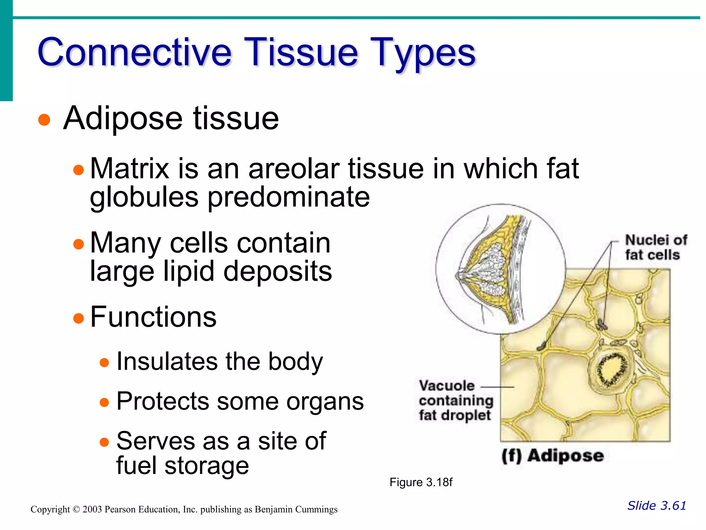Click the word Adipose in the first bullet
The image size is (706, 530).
pos(123,118)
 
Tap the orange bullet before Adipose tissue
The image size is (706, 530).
pos(44,120)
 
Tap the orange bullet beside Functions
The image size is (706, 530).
pos(79,318)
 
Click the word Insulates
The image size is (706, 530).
pos(167,362)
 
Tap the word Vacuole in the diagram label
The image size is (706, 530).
pos(446,386)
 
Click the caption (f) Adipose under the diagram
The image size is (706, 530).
pos(552,456)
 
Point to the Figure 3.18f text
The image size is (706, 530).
pos(421,482)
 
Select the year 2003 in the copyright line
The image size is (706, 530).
pos(92,509)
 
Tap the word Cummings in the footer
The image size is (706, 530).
pos(314,509)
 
